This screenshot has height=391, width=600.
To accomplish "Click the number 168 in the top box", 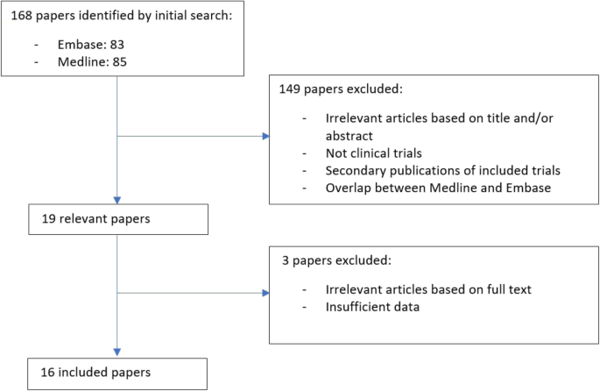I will click(22, 16).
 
